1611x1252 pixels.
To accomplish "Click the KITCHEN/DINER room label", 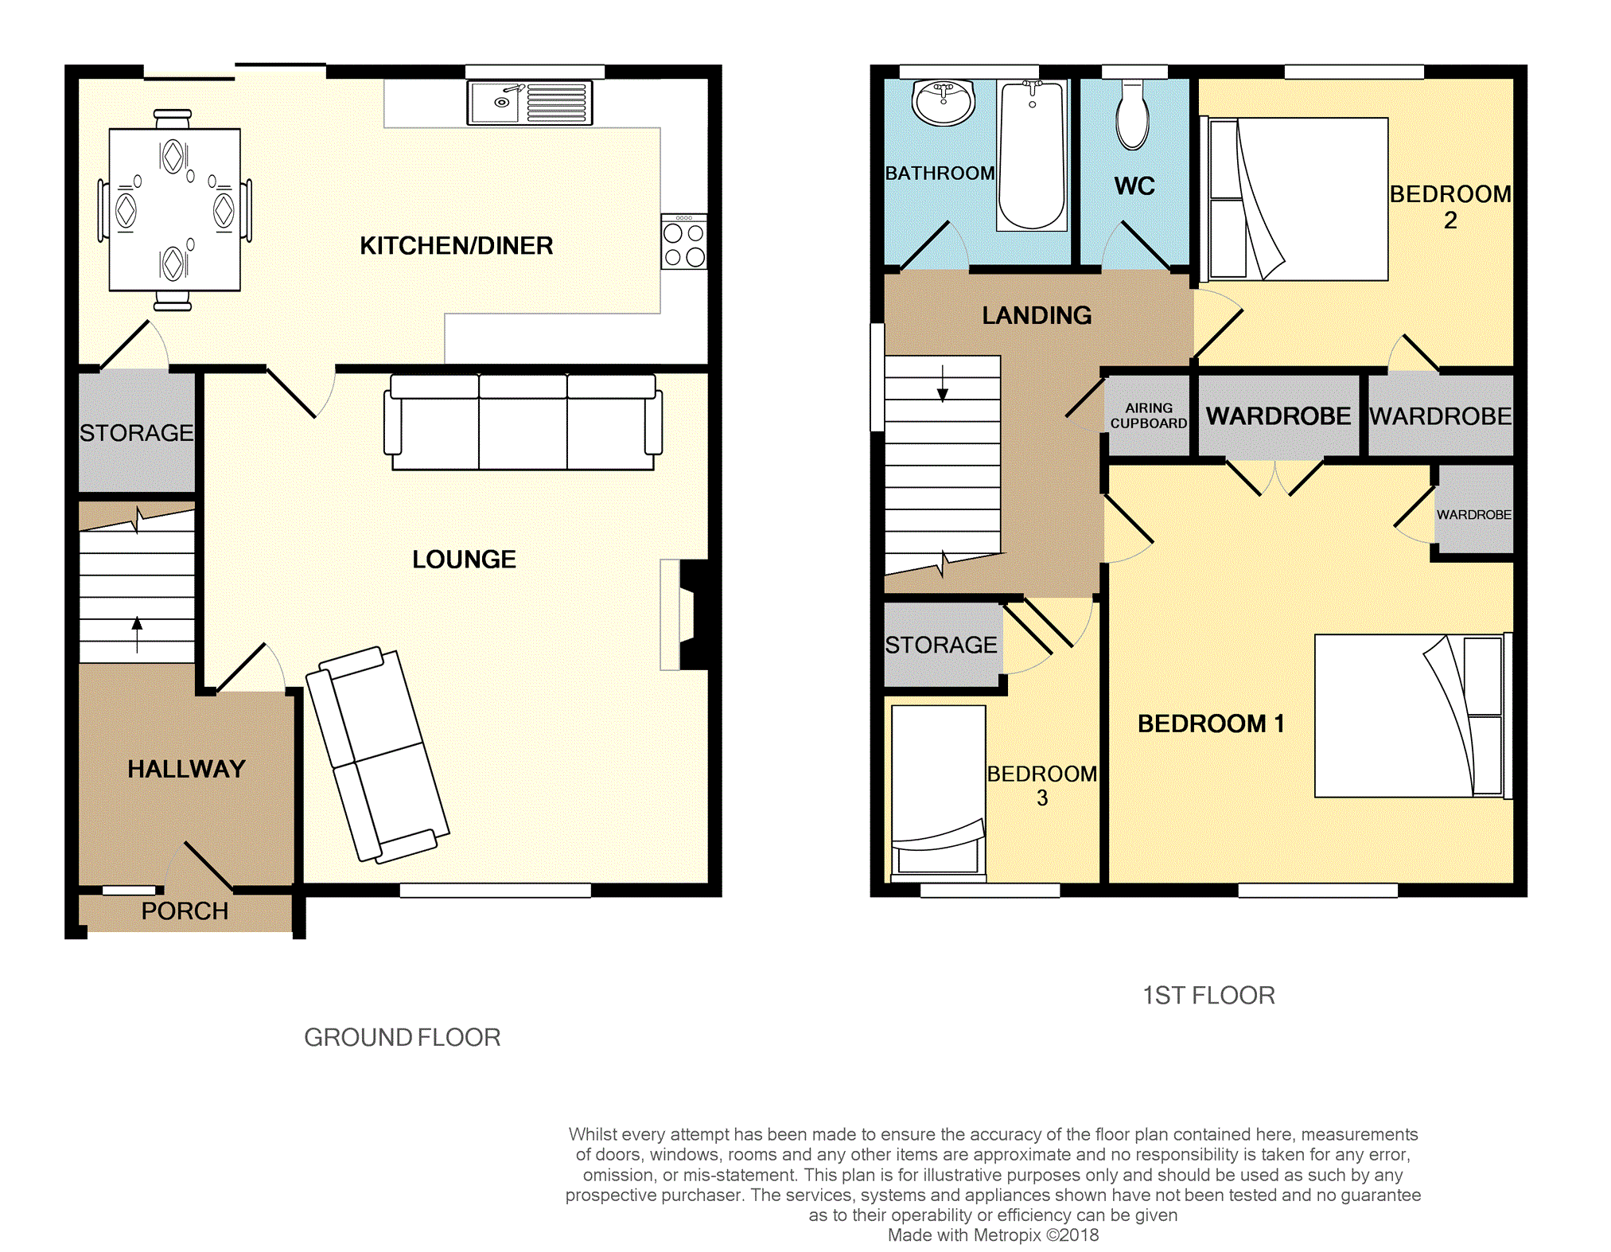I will click(456, 246).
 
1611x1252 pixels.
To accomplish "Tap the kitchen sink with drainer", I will click(529, 103).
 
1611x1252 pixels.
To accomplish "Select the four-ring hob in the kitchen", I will click(683, 242).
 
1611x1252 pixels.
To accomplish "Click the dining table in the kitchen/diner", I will click(174, 209).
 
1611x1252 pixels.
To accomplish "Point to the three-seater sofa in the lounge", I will click(523, 422).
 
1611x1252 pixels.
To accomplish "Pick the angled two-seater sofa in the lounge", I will click(377, 755).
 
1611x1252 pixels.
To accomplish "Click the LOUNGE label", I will click(464, 560).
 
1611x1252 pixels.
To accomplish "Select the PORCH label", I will click(185, 911).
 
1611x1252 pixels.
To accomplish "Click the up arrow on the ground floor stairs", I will click(137, 633).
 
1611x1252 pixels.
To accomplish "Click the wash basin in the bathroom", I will click(944, 102).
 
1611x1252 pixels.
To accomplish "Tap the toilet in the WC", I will click(1132, 118).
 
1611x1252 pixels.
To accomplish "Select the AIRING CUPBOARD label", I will click(1148, 415).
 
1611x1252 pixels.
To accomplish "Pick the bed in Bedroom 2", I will click(1297, 199).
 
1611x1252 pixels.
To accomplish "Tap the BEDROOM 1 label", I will click(1210, 724).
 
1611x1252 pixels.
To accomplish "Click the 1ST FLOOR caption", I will click(1208, 996).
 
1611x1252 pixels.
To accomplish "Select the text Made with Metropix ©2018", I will click(992, 1235).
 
